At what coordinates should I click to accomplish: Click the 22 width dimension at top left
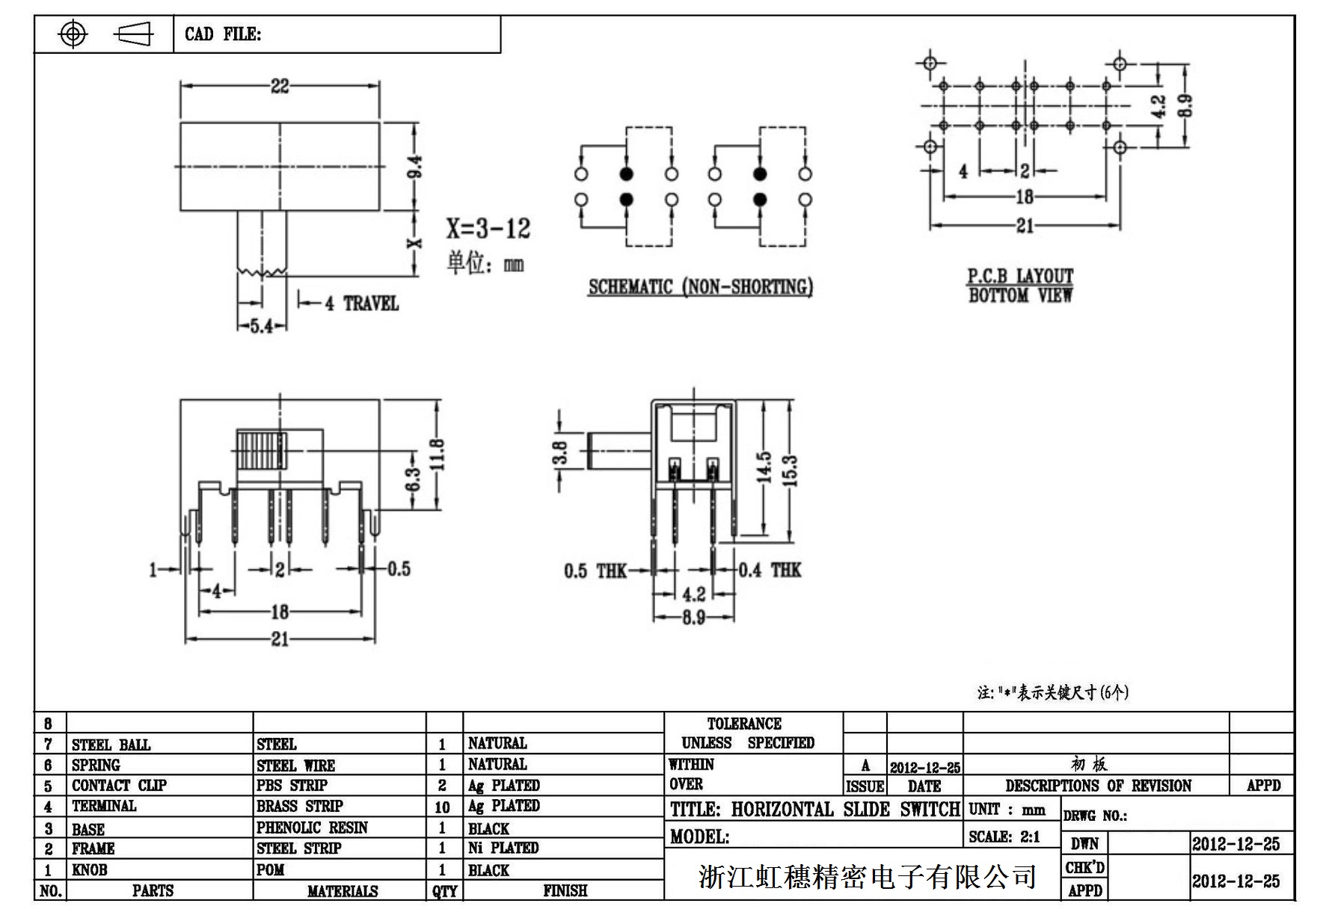280,86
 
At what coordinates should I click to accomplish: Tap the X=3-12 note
488,228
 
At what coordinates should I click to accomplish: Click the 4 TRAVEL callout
362,304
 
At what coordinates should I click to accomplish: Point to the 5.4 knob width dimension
261,327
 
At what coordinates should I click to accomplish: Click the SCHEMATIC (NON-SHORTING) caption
700,287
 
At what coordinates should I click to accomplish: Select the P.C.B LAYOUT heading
1020,276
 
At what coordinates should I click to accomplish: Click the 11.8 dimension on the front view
438,455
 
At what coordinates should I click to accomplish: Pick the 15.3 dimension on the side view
792,470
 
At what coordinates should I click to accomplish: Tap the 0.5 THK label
595,572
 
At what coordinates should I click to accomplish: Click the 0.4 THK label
770,570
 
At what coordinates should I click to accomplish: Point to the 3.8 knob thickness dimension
560,453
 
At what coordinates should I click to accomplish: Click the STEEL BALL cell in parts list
111,745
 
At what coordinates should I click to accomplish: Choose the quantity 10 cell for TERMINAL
442,807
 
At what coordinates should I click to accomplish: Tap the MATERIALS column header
343,891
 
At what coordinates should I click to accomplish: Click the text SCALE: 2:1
1004,837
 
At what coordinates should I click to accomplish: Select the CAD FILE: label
223,34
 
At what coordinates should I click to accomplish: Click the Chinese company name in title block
868,876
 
